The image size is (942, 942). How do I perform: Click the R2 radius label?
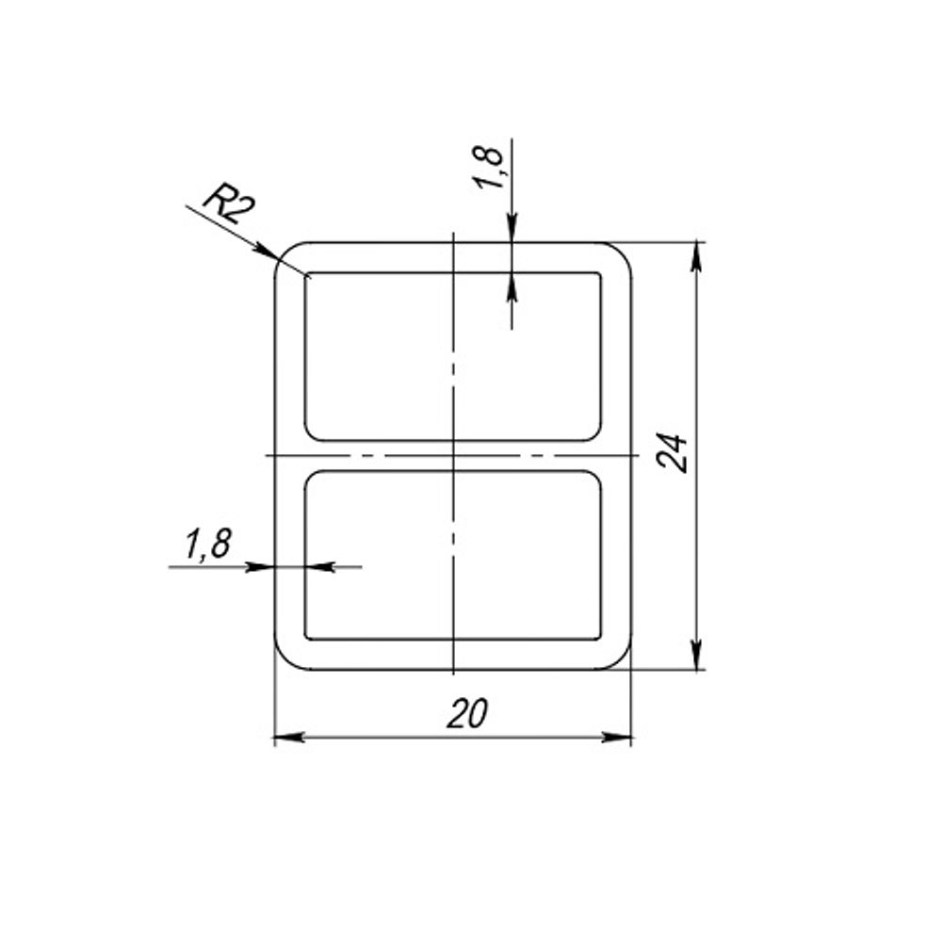(229, 203)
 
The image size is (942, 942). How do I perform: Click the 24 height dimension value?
(672, 452)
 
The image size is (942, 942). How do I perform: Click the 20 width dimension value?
(467, 714)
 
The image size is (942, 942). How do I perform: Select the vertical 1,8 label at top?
(490, 168)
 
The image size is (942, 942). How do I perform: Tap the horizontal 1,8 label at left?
(207, 544)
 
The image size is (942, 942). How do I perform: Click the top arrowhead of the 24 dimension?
(696, 255)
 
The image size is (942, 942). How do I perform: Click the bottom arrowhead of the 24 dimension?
(696, 655)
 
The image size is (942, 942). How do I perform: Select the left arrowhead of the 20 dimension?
(289, 738)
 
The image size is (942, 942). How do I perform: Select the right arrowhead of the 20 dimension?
(616, 738)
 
